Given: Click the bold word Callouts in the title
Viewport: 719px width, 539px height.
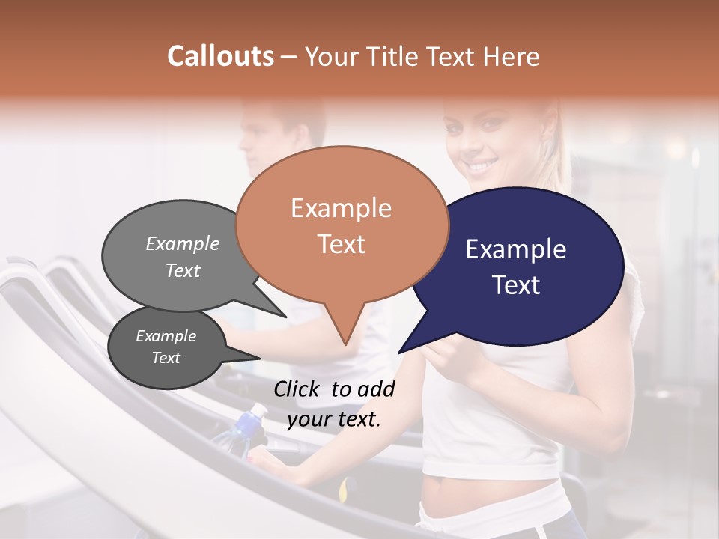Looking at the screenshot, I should (220, 56).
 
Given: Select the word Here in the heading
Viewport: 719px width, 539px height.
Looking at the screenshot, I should (512, 56).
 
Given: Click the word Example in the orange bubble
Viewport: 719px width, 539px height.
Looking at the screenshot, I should (341, 208).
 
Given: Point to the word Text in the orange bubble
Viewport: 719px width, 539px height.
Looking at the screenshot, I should (341, 244).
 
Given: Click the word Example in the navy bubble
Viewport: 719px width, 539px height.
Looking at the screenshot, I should (516, 249).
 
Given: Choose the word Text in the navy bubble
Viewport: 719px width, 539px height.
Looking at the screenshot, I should (516, 285).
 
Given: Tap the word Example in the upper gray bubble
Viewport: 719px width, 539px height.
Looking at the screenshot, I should (183, 243).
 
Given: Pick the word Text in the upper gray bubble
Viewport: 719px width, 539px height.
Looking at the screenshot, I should (183, 270).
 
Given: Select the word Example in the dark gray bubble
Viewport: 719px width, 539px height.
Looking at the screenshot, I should (166, 336).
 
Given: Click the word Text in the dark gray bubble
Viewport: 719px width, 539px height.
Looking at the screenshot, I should (166, 358).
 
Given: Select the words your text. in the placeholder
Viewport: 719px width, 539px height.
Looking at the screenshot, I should (334, 419).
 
